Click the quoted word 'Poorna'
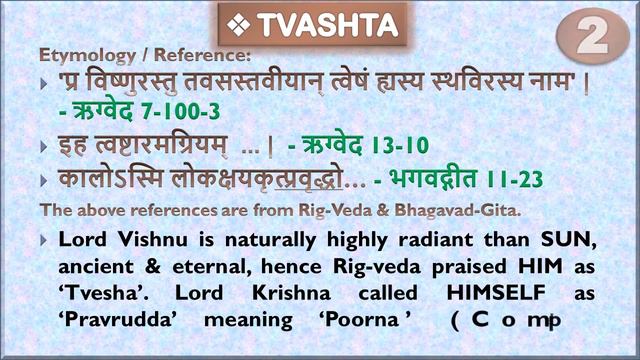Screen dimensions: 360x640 click(x=372, y=322)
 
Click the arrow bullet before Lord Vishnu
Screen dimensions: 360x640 click(x=44, y=241)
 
